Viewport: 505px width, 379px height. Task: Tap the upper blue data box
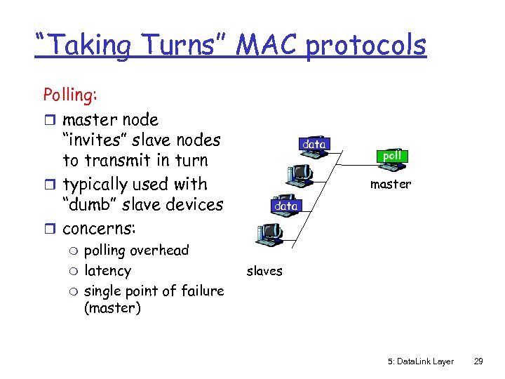pyautogui.click(x=314, y=144)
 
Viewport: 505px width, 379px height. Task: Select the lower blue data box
pyautogui.click(x=285, y=206)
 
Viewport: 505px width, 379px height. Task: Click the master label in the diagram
pyautogui.click(x=390, y=184)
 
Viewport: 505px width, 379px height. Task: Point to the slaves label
pyautogui.click(x=264, y=271)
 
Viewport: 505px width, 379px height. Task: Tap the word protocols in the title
pyautogui.click(x=365, y=46)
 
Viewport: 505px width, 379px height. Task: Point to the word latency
pyautogui.click(x=107, y=270)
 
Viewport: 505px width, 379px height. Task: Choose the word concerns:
pyautogui.click(x=99, y=229)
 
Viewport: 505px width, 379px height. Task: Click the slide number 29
pyautogui.click(x=478, y=361)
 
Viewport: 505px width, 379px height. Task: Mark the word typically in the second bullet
pyautogui.click(x=100, y=185)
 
